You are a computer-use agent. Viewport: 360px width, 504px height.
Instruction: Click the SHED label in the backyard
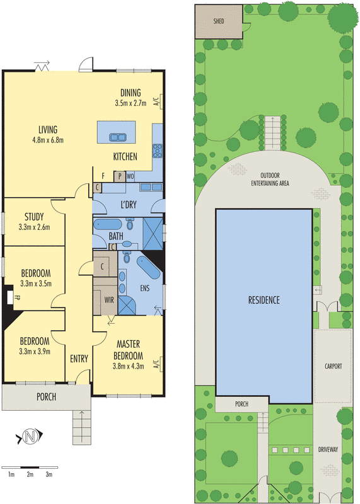218,21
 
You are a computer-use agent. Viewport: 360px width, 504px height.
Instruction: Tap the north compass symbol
30,437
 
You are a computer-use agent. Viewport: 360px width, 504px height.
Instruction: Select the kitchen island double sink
117,137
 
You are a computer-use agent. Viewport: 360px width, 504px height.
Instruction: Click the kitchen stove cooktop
158,151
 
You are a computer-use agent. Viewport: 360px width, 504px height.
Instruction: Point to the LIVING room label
48,130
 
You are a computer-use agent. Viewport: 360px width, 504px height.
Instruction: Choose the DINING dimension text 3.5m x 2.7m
131,103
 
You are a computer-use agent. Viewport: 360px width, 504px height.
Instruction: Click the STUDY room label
34,217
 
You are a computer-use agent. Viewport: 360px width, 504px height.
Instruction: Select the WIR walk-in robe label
109,300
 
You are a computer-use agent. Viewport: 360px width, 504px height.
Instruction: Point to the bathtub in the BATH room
107,224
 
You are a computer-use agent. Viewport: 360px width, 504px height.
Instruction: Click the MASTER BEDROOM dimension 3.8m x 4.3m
128,366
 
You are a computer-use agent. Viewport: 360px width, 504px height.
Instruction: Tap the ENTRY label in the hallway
79,358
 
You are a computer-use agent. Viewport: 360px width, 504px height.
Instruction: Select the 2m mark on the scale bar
30,474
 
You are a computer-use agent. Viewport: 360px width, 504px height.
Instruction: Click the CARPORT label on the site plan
333,366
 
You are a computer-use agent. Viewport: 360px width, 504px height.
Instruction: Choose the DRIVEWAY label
328,449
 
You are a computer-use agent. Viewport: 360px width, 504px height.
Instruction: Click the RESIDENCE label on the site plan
264,300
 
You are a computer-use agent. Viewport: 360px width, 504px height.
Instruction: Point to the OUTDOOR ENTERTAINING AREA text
270,180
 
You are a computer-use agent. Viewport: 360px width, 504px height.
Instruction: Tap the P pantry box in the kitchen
120,176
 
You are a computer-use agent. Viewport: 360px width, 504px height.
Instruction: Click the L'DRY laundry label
129,204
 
